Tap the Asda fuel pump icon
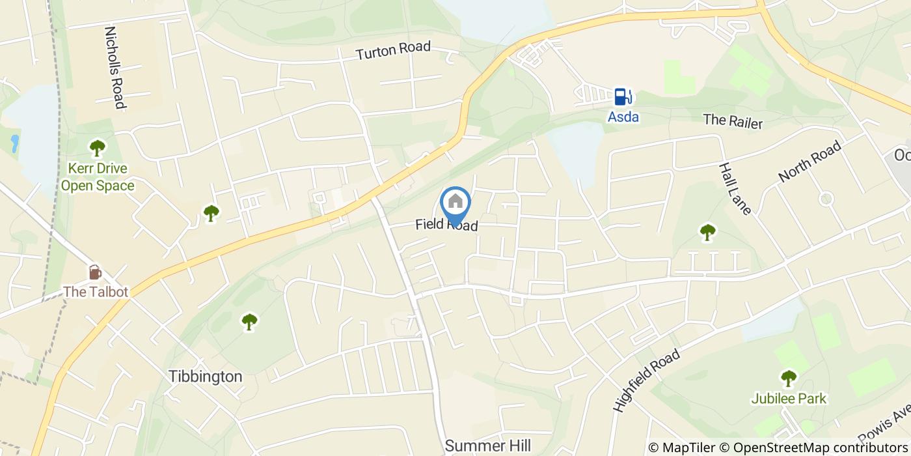coord(623,96)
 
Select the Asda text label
coord(623,117)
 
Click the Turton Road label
coord(393,51)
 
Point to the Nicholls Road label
coord(114,67)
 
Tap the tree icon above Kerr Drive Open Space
coord(98,148)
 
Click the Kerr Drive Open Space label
coord(98,177)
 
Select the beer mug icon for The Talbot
coord(95,272)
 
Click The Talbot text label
coord(95,291)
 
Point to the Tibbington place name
coord(206,377)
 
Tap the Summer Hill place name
coord(488,446)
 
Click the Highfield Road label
coord(646,380)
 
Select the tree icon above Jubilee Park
coord(789,378)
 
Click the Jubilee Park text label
coord(789,398)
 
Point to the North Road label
coord(810,160)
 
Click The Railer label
coord(732,121)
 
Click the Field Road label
coord(446,225)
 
